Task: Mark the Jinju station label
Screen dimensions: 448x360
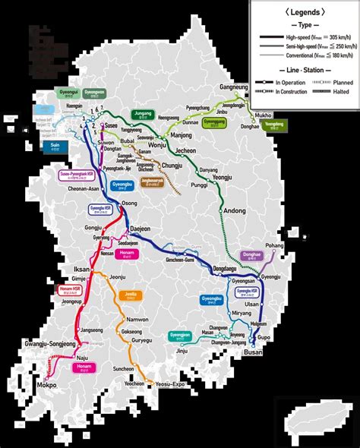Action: click(x=182, y=350)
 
